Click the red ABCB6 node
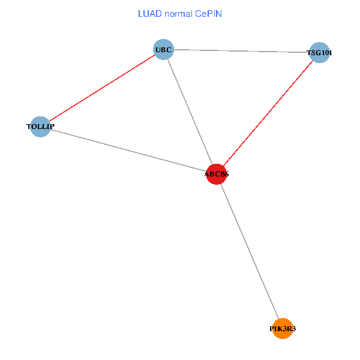[x=216, y=174]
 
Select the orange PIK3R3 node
[x=283, y=329]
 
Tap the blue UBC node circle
[x=163, y=49]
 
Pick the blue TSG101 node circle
[x=319, y=53]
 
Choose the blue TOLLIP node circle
[x=40, y=127]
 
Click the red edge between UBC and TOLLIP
[x=102, y=88]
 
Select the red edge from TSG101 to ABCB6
[x=268, y=113]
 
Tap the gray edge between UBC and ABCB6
[x=190, y=112]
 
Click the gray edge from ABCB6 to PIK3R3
[x=249, y=251]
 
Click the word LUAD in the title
[x=150, y=13]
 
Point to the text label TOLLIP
[x=40, y=127]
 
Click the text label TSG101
[x=319, y=53]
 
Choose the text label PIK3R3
[x=283, y=329]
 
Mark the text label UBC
[x=163, y=49]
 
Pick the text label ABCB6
[x=216, y=174]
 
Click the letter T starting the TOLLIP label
[x=29, y=127]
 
